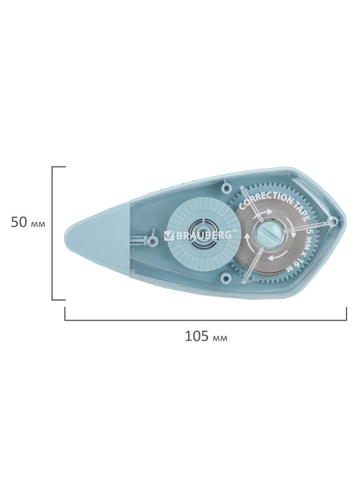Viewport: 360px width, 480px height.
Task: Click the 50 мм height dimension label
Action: click(x=28, y=222)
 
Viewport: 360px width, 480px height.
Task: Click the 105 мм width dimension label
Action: click(x=206, y=337)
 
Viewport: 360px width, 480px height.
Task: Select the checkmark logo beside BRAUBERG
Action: click(x=169, y=235)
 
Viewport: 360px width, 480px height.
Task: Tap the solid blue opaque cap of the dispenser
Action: click(x=98, y=238)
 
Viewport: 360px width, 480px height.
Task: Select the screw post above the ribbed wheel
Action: click(x=226, y=187)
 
